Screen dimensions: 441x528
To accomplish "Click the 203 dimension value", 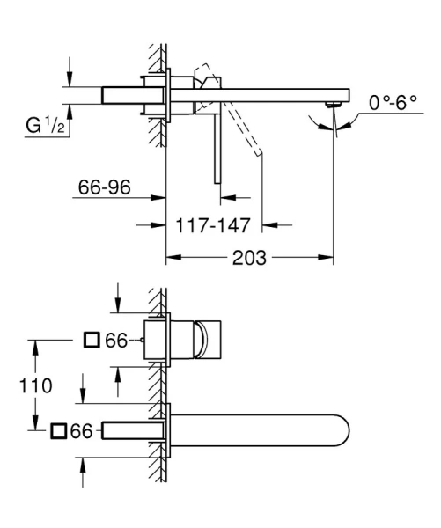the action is click(x=249, y=258).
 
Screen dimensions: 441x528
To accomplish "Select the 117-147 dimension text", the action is click(x=213, y=225).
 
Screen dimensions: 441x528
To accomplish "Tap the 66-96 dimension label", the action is click(x=104, y=187).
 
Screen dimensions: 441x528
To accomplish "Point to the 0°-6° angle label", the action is click(x=393, y=102).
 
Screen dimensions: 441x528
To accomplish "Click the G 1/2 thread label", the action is click(x=45, y=125).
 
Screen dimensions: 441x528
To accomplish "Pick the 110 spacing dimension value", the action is click(x=36, y=385).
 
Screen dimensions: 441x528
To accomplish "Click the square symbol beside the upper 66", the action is click(x=92, y=340).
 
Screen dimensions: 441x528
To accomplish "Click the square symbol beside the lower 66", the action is click(x=59, y=431).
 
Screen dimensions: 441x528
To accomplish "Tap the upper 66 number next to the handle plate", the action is click(x=116, y=341).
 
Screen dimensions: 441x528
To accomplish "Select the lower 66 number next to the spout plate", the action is click(x=81, y=431).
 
